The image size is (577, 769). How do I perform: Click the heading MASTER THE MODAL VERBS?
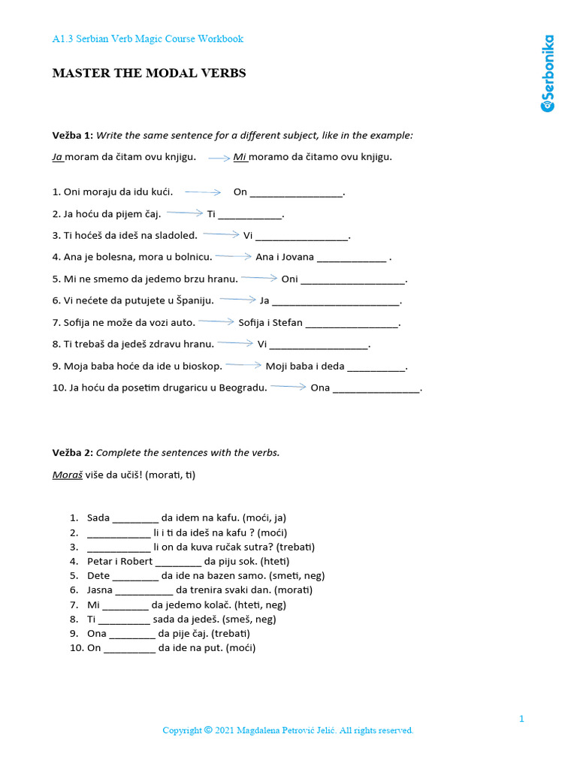pos(149,73)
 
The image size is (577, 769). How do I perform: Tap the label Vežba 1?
pos(72,135)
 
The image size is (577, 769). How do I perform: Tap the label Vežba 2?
pos(72,452)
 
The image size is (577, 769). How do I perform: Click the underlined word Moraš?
pos(67,475)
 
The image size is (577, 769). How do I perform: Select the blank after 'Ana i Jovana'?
pos(352,257)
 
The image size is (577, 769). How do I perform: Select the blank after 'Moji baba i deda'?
pos(376,366)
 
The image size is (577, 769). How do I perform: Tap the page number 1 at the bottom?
pos(521,719)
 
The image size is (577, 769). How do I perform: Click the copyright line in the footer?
pos(288,730)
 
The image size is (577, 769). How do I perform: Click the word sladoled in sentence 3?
pos(176,235)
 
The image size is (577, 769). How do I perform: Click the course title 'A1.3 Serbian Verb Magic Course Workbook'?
pos(147,38)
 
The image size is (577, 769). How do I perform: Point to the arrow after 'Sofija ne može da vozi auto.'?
pos(216,321)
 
